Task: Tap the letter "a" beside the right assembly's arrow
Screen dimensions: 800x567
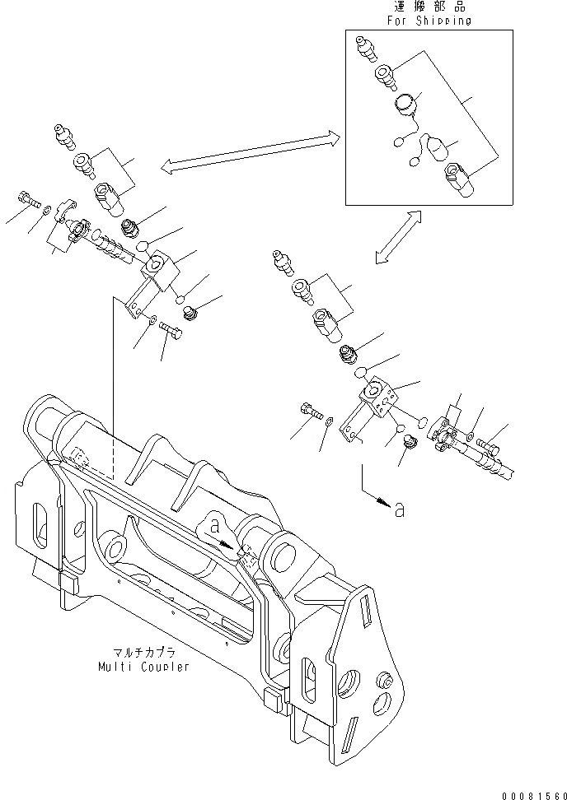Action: tap(400, 510)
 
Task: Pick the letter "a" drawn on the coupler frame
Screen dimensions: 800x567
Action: tap(214, 524)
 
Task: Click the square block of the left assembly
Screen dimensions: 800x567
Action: tap(159, 267)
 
